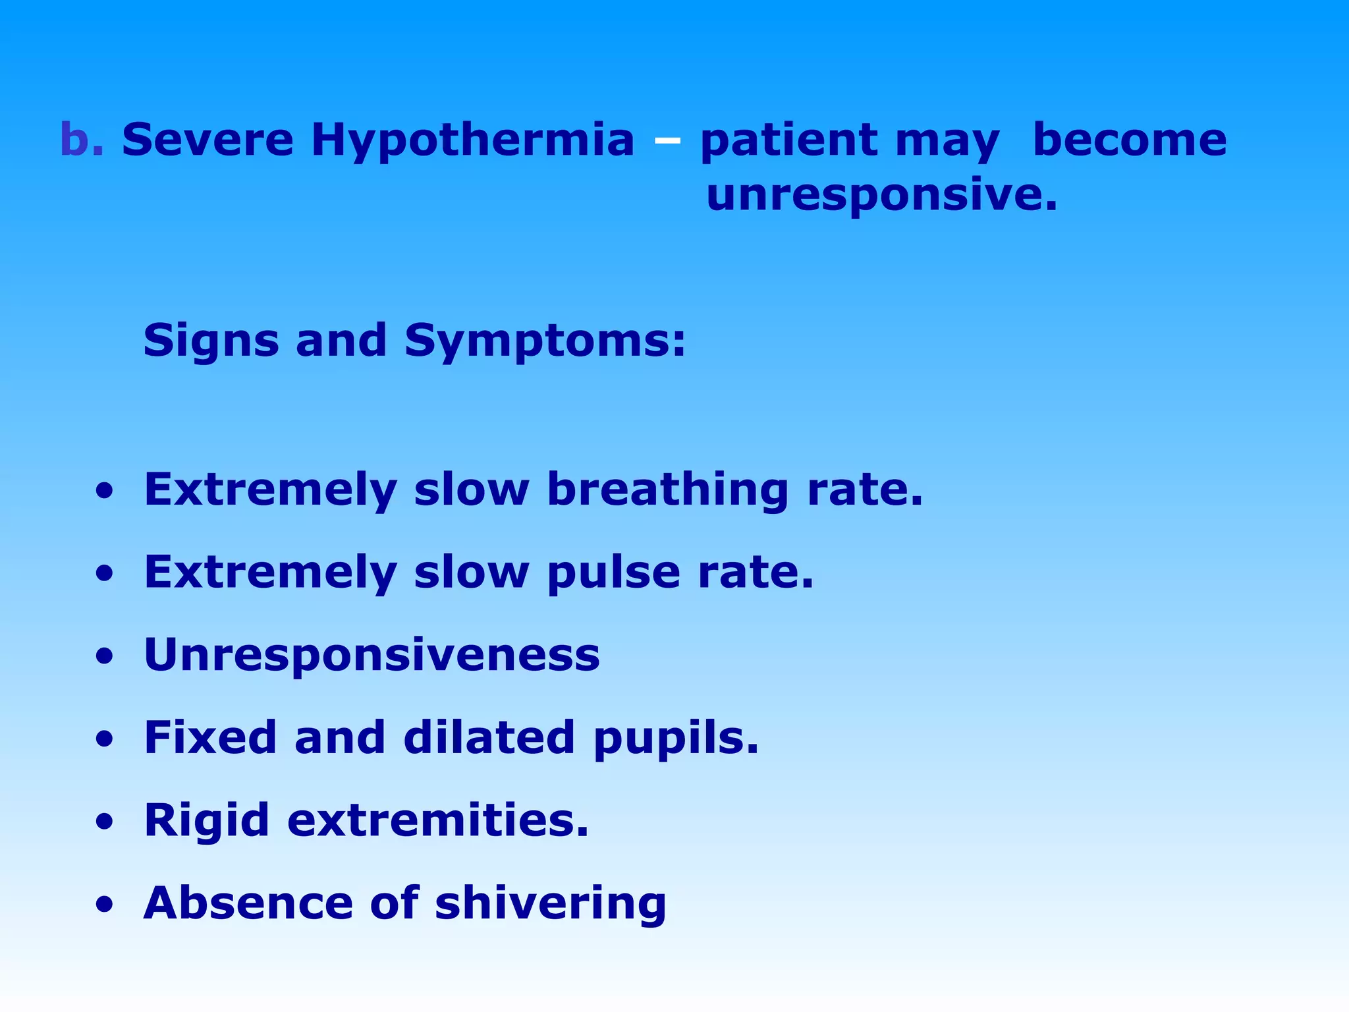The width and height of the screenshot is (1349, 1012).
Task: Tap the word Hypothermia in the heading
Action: (472, 142)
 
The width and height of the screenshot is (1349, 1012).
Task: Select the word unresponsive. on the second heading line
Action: (881, 196)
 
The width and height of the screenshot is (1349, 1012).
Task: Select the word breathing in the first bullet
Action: (667, 491)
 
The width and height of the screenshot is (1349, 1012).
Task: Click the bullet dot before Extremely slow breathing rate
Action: (103, 492)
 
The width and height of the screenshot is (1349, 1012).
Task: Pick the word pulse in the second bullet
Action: (613, 573)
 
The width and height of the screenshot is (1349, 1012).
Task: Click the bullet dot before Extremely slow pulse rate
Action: (103, 575)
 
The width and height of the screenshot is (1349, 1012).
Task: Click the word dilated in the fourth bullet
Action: (489, 737)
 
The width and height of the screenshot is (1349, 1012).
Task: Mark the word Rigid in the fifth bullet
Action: (206, 822)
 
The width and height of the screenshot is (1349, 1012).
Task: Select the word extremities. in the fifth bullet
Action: (437, 820)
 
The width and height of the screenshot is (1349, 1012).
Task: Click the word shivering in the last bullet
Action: (550, 904)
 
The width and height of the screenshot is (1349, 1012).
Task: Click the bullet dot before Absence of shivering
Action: (103, 905)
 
